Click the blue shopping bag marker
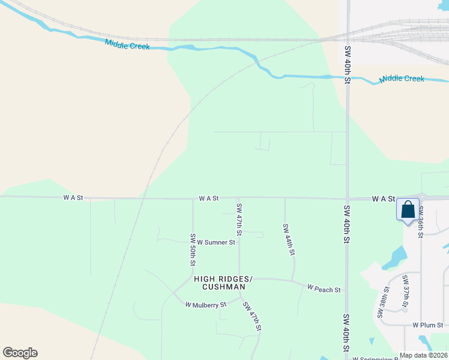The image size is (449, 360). [408, 210]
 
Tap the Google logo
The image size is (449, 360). [20, 353]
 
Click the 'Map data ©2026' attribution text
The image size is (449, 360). [423, 355]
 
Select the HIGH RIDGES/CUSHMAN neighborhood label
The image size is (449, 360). [223, 283]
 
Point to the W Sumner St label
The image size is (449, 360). [216, 242]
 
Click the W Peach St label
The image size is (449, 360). [324, 289]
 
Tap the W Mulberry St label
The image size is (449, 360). [206, 305]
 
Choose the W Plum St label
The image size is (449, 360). [427, 325]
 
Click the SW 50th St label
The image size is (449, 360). [193, 250]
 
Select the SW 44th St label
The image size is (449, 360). [289, 240]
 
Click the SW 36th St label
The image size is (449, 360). [421, 221]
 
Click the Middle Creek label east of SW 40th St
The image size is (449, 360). [402, 79]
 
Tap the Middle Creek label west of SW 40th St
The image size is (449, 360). [127, 44]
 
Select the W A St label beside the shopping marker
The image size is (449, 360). [383, 198]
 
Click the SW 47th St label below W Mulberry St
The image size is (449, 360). [252, 316]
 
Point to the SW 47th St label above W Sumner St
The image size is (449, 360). [239, 219]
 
